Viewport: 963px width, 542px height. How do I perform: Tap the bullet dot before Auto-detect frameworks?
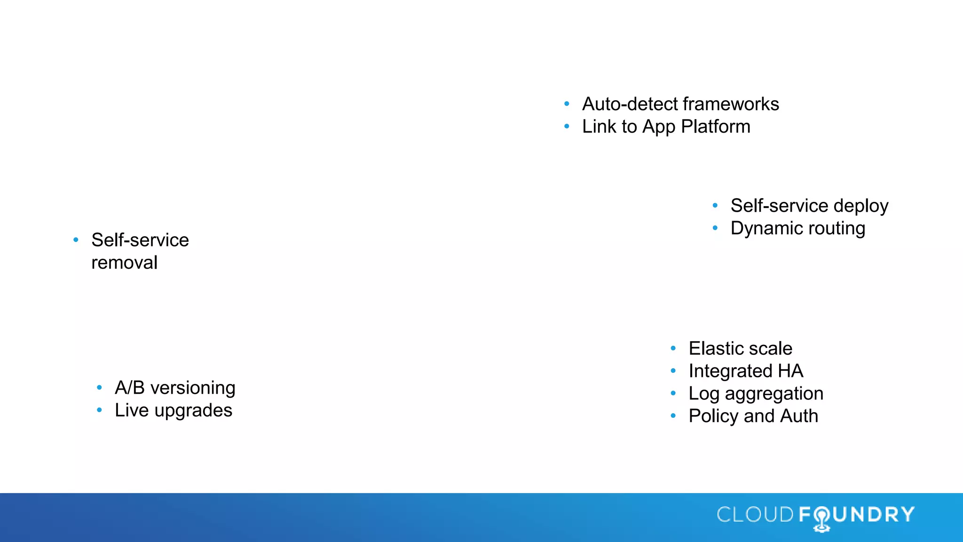click(567, 104)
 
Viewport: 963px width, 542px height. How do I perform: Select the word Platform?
click(716, 127)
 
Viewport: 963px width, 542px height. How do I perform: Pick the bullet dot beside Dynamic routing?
click(715, 228)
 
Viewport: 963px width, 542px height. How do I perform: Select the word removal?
click(124, 263)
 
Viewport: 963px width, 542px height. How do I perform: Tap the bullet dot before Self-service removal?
click(76, 240)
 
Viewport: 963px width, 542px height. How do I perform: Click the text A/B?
click(129, 388)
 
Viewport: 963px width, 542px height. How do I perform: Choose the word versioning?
click(193, 388)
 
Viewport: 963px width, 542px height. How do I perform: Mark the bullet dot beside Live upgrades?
click(99, 410)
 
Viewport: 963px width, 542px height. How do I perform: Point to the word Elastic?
click(715, 349)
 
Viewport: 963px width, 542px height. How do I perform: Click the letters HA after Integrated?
click(790, 371)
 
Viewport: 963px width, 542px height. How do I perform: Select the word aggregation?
click(774, 394)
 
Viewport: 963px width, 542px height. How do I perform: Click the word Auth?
click(799, 416)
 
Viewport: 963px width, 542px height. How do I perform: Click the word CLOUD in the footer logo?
click(755, 514)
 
